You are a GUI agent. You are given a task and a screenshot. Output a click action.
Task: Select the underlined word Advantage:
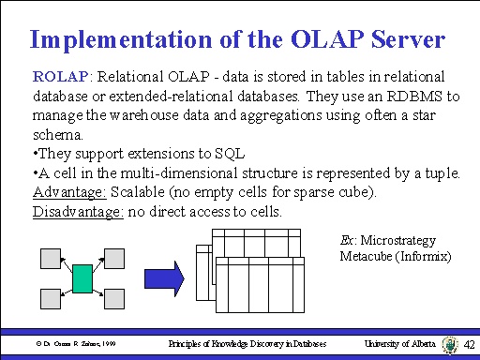(x=69, y=192)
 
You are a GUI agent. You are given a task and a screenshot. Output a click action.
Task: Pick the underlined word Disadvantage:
(x=79, y=212)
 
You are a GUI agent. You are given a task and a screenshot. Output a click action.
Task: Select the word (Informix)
(x=424, y=256)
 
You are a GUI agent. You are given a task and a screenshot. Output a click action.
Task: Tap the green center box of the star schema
(x=82, y=278)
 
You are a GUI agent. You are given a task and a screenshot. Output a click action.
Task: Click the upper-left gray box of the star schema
(x=50, y=257)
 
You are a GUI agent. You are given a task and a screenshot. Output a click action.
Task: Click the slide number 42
(x=470, y=345)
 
